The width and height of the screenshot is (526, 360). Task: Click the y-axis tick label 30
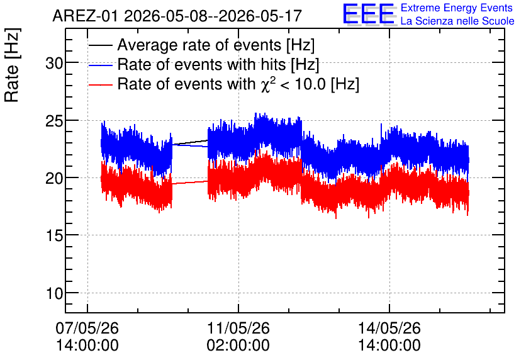[54, 63]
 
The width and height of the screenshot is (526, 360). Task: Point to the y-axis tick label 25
[54, 121]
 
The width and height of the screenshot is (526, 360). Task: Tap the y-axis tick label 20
[54, 178]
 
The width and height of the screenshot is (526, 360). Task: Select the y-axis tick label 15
[54, 236]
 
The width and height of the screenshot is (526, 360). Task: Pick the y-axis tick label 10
[54, 293]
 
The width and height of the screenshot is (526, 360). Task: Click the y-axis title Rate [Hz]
[12, 65]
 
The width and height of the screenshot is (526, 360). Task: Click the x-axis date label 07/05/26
[87, 328]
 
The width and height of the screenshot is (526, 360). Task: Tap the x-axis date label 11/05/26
[238, 328]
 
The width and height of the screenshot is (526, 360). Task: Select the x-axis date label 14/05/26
[389, 328]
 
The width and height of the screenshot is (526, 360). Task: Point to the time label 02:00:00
[238, 346]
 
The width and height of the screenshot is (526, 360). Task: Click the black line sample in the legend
[100, 45]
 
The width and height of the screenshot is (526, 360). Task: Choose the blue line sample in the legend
[100, 65]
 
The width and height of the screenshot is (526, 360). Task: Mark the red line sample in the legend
[100, 84]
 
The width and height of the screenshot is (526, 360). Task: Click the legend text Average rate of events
[199, 45]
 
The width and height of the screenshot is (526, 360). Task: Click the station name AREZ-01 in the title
[85, 16]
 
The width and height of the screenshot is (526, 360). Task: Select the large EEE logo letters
[369, 14]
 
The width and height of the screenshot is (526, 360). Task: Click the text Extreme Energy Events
[457, 8]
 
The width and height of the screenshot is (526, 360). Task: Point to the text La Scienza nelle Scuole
[457, 21]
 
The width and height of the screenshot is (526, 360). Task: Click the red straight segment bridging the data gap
[190, 183]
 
